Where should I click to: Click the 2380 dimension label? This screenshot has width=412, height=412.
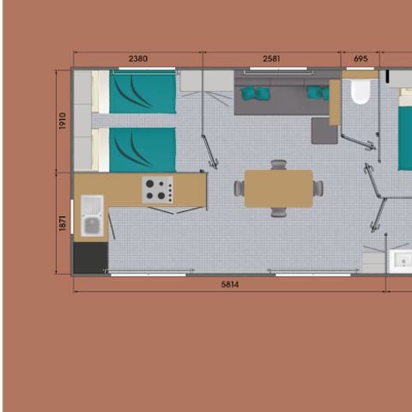tap(137, 59)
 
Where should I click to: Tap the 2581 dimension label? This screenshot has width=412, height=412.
tap(272, 59)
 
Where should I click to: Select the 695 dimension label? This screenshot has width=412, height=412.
tap(360, 59)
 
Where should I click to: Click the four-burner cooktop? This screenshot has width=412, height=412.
tap(157, 190)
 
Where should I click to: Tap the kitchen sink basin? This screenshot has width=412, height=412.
tap(92, 225)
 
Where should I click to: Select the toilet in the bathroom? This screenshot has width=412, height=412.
tap(359, 91)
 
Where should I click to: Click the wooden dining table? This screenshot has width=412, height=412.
tap(278, 188)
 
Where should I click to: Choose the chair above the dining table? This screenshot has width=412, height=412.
tap(278, 164)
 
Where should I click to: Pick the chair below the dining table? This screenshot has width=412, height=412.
tap(278, 212)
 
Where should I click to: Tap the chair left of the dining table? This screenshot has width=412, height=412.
tap(239, 187)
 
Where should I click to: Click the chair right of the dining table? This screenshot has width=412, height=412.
tap(318, 187)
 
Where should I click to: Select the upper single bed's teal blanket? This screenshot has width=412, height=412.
tap(142, 92)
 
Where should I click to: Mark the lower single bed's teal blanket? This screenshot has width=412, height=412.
tap(142, 149)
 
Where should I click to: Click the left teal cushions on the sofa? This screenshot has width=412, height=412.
tap(250, 92)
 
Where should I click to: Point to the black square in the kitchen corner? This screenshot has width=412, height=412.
tap(90, 257)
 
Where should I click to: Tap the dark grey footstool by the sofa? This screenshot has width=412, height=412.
tap(324, 131)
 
